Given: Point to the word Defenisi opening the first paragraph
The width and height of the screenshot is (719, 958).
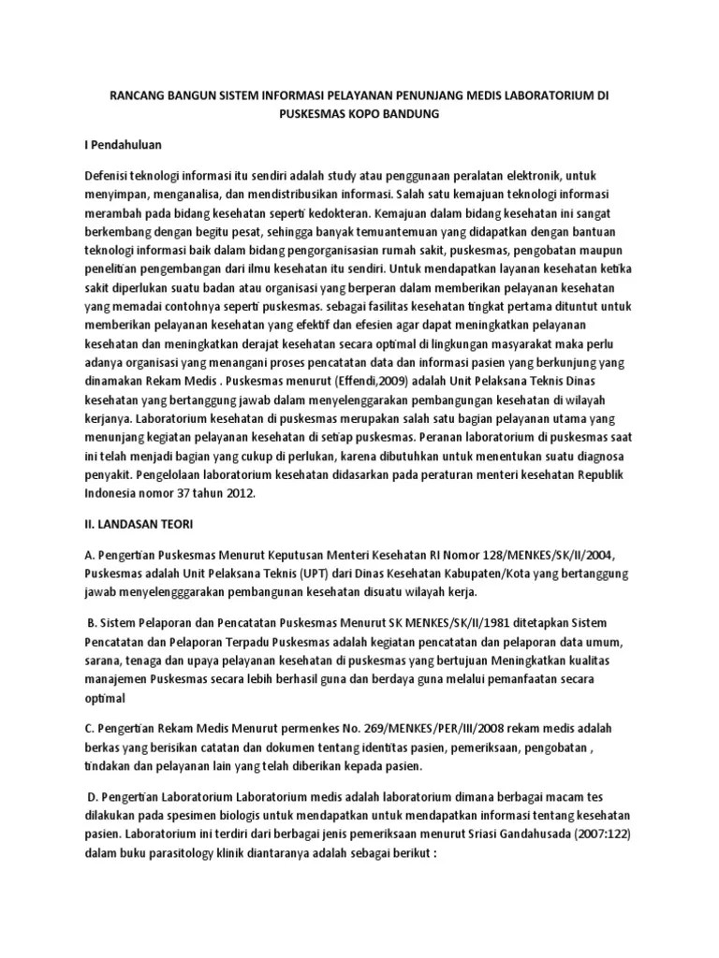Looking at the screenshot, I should point(110,177).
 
